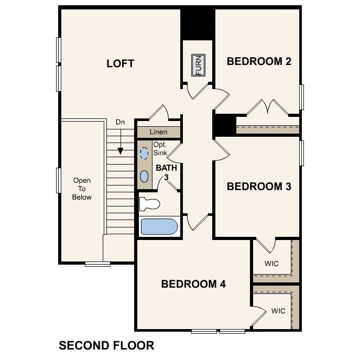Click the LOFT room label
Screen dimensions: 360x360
120,64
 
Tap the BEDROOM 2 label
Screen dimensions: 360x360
259,61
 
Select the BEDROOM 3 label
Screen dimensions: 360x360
259,187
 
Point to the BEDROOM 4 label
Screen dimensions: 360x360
193,284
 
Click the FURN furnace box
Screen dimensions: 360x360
198,65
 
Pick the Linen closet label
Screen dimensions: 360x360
158,132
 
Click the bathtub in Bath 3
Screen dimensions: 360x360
159,227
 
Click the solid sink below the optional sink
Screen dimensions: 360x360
144,176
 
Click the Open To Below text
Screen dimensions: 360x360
82,189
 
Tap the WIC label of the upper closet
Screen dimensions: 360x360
271,262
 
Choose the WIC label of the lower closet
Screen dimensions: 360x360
278,311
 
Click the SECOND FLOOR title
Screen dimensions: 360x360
106,345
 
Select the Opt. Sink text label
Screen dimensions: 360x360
160,149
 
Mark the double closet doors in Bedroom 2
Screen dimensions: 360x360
267,107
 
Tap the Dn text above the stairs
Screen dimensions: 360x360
120,122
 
